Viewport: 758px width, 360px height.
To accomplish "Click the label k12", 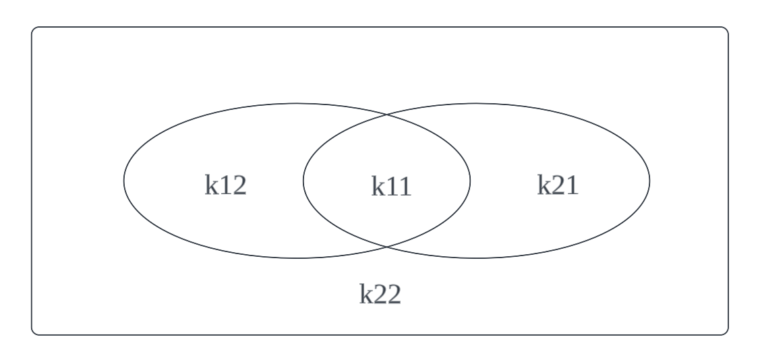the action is (x=226, y=185).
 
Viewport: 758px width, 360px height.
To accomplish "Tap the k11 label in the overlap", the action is (x=391, y=186).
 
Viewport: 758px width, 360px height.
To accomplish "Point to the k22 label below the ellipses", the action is (x=380, y=294).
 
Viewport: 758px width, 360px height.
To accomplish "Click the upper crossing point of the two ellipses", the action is (x=386, y=115).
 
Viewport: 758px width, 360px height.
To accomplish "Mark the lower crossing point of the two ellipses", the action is (x=386, y=246).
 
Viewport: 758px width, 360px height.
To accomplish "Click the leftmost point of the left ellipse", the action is (x=123, y=181).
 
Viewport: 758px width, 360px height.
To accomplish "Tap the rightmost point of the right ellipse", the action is (x=650, y=181).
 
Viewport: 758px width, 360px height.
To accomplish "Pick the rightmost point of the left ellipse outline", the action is (x=470, y=181).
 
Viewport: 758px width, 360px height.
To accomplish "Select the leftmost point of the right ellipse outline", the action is (x=303, y=181).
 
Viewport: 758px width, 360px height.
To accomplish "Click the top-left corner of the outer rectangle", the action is (x=32, y=28).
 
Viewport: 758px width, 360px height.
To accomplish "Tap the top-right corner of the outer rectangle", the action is (x=728, y=28).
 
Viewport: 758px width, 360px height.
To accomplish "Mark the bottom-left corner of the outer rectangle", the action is (x=32, y=334).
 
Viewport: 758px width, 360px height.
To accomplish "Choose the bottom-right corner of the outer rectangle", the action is (x=728, y=334).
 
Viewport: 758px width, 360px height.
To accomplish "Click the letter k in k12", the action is (x=211, y=185).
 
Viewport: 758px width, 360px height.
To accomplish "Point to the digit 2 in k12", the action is (x=239, y=185).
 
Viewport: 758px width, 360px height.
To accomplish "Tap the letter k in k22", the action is (x=365, y=294).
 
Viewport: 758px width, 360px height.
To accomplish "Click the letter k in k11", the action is (x=378, y=186).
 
